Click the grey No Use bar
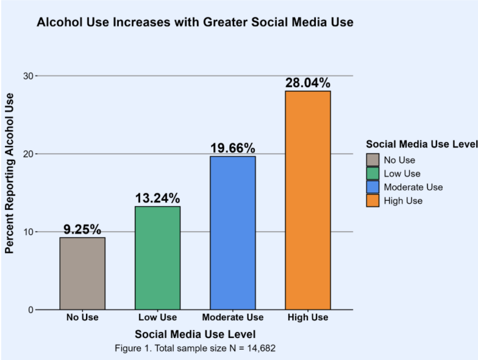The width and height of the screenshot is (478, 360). coord(82,273)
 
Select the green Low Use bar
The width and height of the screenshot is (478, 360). coord(157,257)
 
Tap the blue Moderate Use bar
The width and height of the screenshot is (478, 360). coord(233,232)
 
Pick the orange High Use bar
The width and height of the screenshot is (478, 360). coord(308,200)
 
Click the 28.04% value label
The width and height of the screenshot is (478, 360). coord(308,83)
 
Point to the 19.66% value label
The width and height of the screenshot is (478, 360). coord(233,148)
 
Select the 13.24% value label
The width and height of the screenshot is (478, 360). coord(157,198)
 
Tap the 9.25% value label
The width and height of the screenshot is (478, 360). coord(82,229)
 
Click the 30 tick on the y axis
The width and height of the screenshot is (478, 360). coord(27,76)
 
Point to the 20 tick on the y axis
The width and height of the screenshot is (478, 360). coord(27,154)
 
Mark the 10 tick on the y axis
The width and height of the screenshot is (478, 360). coord(27,232)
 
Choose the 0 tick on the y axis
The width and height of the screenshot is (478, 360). coord(29,310)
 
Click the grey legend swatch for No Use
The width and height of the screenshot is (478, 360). coord(373,160)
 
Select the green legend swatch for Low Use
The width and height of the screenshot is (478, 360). coord(373,173)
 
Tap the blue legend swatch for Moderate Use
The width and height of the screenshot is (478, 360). coord(373,187)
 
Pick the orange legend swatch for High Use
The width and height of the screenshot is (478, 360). coord(373,200)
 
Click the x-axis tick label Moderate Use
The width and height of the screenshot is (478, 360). coord(233,317)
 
